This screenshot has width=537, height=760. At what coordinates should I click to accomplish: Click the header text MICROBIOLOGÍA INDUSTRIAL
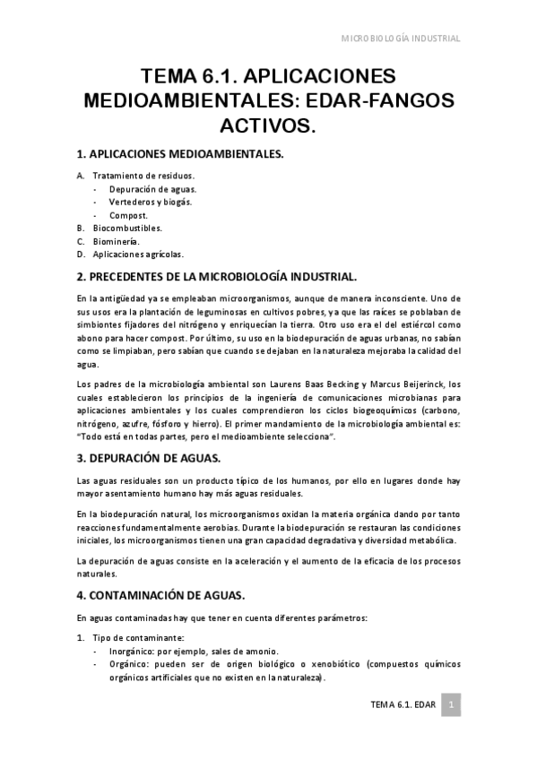click(402, 39)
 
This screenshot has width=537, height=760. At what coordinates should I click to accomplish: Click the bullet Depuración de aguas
click(153, 189)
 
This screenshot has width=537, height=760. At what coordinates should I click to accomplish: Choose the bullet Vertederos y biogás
click(151, 202)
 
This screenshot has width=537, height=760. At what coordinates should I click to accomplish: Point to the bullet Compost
click(128, 215)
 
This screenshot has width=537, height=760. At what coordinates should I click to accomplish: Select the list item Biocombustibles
click(127, 228)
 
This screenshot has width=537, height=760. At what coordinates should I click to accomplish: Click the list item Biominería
click(116, 241)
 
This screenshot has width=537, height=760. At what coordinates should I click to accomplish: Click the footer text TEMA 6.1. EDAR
click(403, 705)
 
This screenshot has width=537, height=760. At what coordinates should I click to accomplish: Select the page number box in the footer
click(454, 705)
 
